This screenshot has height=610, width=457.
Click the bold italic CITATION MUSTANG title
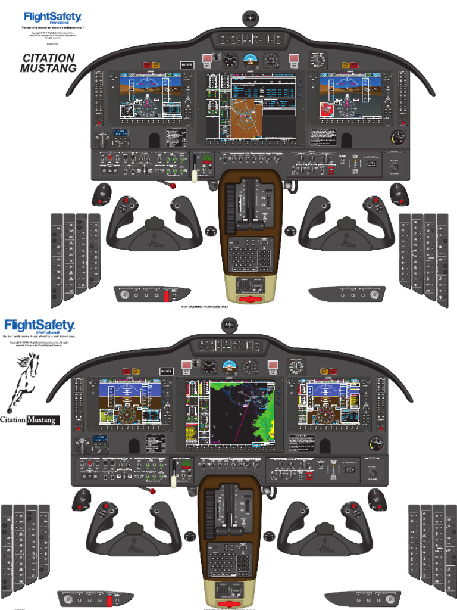pos(49,63)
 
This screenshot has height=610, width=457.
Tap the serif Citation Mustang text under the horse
pos(30,420)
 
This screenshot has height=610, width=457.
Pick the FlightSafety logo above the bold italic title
pos(52,18)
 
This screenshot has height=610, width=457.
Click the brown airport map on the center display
pos(246,119)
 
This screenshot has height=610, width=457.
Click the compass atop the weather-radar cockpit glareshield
pos(229,325)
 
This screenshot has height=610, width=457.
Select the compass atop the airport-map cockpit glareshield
pos(252,19)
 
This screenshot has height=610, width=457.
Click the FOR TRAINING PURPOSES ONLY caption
pos(212,307)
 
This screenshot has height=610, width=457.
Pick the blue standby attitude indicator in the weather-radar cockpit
pos(229,366)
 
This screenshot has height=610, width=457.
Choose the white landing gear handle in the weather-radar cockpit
pos(174,477)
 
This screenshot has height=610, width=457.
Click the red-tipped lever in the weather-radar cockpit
pos(152,491)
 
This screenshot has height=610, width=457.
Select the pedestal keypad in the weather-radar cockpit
pos(229,560)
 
